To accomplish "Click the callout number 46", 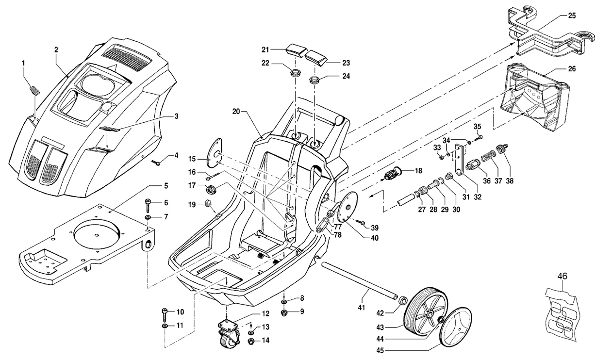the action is coord(562,277).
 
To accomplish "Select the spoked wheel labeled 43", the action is coord(426,311).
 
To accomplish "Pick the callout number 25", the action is coord(572,16).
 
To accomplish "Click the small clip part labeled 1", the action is coord(34,90).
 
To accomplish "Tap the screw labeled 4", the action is coord(156,163).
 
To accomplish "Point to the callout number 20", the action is coord(236,112).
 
